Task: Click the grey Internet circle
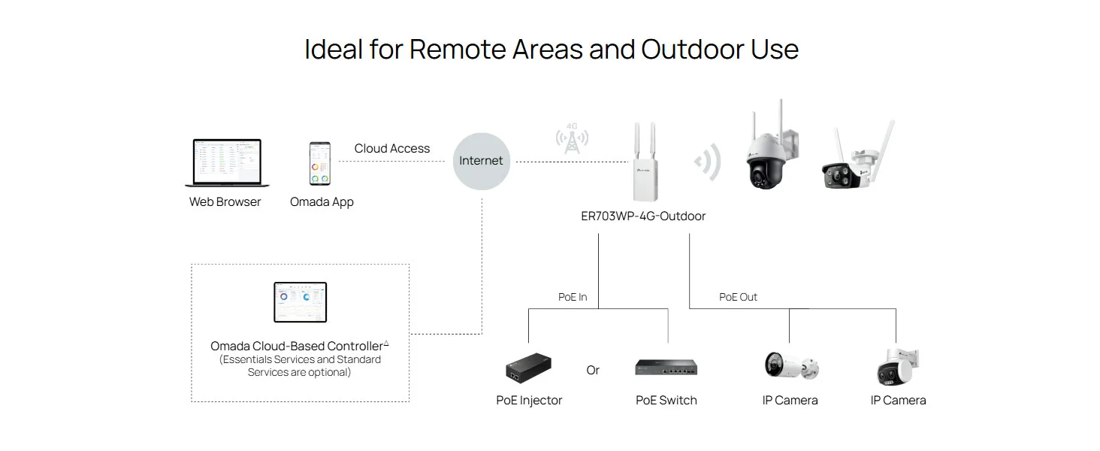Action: click(x=481, y=161)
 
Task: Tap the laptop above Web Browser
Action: click(x=227, y=162)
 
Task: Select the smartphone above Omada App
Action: click(x=319, y=164)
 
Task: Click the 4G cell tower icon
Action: click(x=572, y=138)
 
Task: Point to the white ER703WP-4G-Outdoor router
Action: click(x=645, y=162)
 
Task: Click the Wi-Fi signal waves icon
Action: click(x=708, y=162)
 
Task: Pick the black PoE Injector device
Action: click(x=528, y=368)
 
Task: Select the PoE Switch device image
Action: click(x=666, y=368)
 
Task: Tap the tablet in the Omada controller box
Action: click(x=300, y=302)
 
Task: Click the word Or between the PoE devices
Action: click(x=593, y=370)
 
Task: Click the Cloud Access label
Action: click(x=392, y=148)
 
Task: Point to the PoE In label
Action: click(x=573, y=297)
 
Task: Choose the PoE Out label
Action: click(x=738, y=297)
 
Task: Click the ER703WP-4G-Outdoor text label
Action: click(x=643, y=216)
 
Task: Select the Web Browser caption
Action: click(x=225, y=202)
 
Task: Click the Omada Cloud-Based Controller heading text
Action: click(x=299, y=346)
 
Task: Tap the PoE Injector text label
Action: click(x=529, y=401)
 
